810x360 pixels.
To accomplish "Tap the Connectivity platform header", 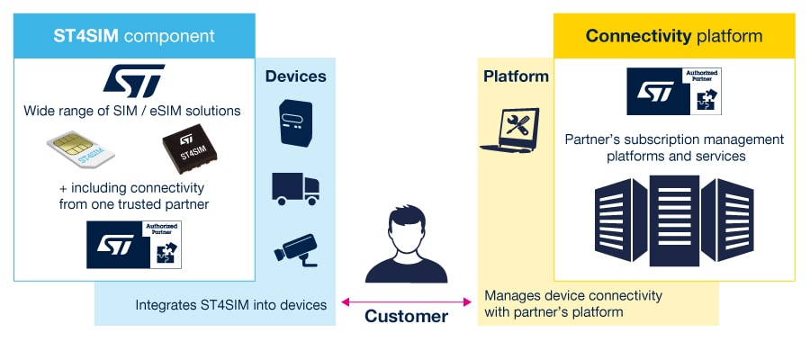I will click(x=673, y=36).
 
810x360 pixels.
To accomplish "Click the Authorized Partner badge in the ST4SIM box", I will click(x=134, y=242).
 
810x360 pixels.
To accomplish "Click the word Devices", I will click(x=295, y=76).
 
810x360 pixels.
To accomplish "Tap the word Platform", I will click(x=516, y=76).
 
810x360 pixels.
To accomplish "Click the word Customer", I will click(x=406, y=317).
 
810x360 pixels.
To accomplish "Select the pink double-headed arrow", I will click(x=406, y=301).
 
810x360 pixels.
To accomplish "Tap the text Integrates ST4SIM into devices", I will click(x=230, y=305).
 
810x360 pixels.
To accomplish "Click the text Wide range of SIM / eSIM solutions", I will click(x=132, y=112).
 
